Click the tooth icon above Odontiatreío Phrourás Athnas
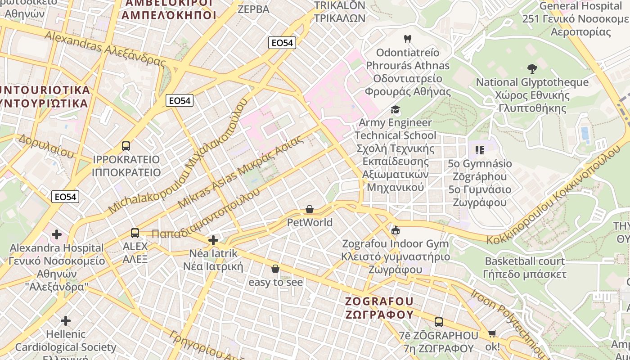[x=408, y=39]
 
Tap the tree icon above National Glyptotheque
[x=532, y=69]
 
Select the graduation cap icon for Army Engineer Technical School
[x=395, y=109]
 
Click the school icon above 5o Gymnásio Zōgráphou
[x=479, y=150]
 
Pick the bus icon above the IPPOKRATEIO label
[x=126, y=146]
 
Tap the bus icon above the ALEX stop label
[x=135, y=233]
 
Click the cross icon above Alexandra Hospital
[x=57, y=234]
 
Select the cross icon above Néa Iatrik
[x=213, y=240]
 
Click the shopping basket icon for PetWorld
[x=310, y=209]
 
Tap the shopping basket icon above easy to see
[x=275, y=269]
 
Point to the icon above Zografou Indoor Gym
[x=396, y=230]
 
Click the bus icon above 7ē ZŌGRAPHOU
[x=439, y=322]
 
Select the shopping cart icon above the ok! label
[x=492, y=334]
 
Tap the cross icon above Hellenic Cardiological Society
[x=66, y=321]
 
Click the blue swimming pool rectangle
[x=585, y=133]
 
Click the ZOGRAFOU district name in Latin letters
[x=379, y=301]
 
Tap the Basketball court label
[x=524, y=261]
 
